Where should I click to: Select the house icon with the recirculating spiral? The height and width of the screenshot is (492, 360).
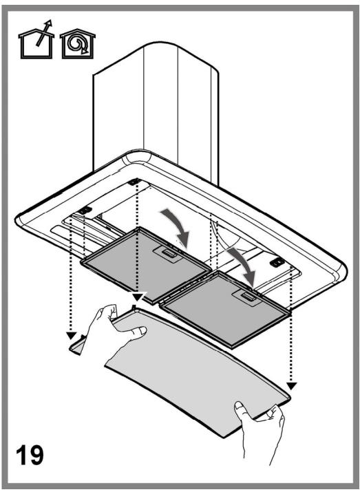[x=78, y=44]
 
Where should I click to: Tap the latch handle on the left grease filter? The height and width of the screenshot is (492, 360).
[x=168, y=253]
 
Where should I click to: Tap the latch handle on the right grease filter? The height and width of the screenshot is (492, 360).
[x=247, y=296]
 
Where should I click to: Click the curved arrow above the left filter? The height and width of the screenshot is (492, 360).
[x=177, y=226]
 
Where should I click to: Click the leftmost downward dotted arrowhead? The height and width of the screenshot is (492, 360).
[x=72, y=335]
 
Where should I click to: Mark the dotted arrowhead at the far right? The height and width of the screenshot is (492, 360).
[x=292, y=385]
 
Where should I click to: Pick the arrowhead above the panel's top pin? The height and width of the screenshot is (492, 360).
[x=138, y=296]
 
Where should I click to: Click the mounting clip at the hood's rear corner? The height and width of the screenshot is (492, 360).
[x=134, y=182]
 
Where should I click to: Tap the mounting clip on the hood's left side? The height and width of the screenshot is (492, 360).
[x=85, y=210]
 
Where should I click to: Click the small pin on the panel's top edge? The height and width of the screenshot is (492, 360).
[x=134, y=307]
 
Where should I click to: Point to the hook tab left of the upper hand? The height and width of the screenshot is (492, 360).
[x=77, y=345]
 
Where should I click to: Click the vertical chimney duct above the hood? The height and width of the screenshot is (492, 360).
[x=156, y=113]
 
